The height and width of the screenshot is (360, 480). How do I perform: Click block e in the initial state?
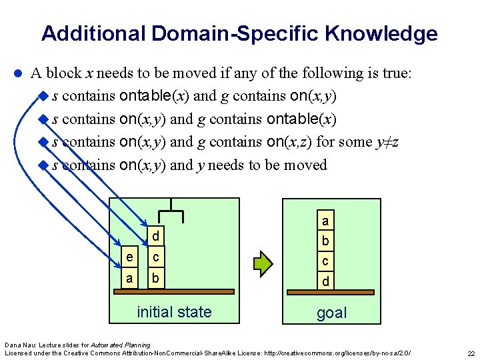coord(129,257)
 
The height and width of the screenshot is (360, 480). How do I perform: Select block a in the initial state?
coord(129,278)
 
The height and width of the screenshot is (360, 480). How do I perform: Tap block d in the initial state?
coord(155,237)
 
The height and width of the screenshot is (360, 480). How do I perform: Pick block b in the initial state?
coord(155,278)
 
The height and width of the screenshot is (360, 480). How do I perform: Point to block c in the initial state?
coord(155,257)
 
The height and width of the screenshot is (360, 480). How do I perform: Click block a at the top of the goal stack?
coord(325,220)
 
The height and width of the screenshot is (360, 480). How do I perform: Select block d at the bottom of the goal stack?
coord(325,282)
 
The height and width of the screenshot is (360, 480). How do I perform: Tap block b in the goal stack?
coord(325,241)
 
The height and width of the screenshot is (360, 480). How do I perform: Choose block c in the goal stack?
coord(325,261)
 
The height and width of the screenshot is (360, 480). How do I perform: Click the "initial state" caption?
coord(174,312)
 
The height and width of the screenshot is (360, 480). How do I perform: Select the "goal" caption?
coord(331,313)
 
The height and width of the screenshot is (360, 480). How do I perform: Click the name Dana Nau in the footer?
coord(19,344)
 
